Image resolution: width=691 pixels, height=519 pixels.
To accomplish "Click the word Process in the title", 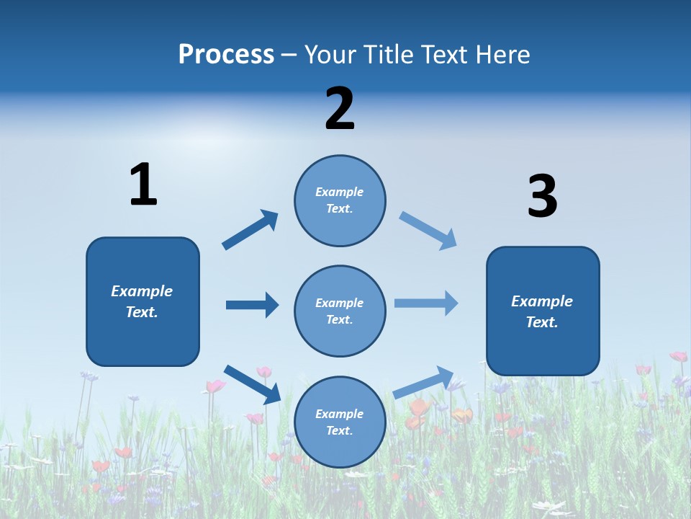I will pos(226,55).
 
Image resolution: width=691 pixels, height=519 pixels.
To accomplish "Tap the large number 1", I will pos(143,185).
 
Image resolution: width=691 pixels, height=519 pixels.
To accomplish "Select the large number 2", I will pos(340,109).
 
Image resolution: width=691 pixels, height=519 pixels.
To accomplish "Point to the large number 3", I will pos(542,197).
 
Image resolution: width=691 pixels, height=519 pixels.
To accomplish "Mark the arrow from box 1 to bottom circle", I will pos(252,384).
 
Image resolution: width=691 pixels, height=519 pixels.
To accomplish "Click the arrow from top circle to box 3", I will pos(428,231).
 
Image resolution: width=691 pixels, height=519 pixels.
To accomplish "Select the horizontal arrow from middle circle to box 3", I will pos(425,303).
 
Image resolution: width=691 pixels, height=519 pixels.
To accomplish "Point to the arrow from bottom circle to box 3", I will pos(423,382).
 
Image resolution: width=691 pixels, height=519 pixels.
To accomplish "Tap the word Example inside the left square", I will pos(142,291).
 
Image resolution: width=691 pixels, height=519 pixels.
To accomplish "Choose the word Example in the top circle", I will pos(339,192).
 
